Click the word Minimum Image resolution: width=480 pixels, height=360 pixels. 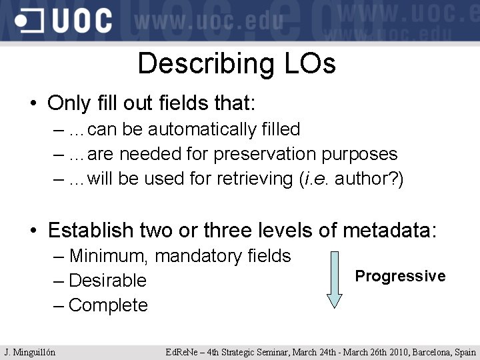[106, 256]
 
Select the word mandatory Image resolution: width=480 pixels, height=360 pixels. [195, 256]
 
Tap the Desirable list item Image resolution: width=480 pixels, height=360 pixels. [107, 281]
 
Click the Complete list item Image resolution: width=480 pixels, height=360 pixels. [108, 305]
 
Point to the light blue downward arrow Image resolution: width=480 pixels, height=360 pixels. [335, 279]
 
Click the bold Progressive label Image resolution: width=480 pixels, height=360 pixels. [400, 276]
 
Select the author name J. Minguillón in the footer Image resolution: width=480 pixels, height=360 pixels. [29, 352]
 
